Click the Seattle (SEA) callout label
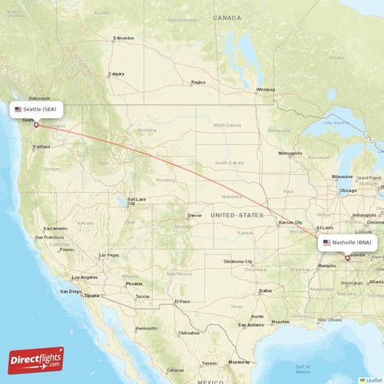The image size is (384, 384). pyautogui.click(x=36, y=110)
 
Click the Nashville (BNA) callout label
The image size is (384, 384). pyautogui.click(x=347, y=242)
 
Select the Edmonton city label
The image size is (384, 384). pyautogui.click(x=123, y=38)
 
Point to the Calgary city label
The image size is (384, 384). pyautogui.click(x=117, y=74)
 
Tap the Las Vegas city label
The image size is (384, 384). pyautogui.click(x=108, y=254)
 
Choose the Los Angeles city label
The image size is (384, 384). pyautogui.click(x=84, y=276)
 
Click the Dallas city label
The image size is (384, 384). pyautogui.click(x=266, y=291)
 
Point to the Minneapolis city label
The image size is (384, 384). pyautogui.click(x=290, y=154)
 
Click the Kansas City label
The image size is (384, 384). pyautogui.click(x=290, y=223)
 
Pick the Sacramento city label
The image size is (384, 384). pyautogui.click(x=56, y=229)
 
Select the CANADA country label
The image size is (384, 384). pyautogui.click(x=227, y=17)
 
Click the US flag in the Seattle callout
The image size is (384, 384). pyautogui.click(x=18, y=110)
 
